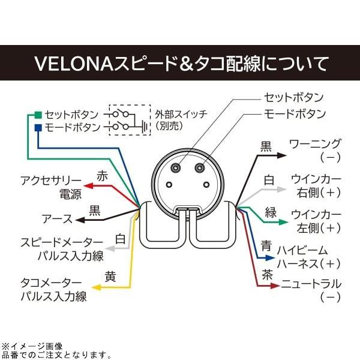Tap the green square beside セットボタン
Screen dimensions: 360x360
tap(38, 114)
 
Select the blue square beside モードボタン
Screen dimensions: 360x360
tap(38, 128)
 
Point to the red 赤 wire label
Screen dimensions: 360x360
tap(102, 177)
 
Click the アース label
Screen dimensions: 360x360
tap(57, 219)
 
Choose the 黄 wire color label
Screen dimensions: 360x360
tap(110, 277)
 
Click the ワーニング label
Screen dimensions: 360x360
tap(315, 144)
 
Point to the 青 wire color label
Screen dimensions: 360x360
tap(266, 246)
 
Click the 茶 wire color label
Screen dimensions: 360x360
tap(267, 274)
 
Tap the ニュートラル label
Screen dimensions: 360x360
tap(311, 284)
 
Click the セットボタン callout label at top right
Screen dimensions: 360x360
tap(293, 97)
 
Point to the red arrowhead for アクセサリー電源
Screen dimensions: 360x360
tap(86, 186)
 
